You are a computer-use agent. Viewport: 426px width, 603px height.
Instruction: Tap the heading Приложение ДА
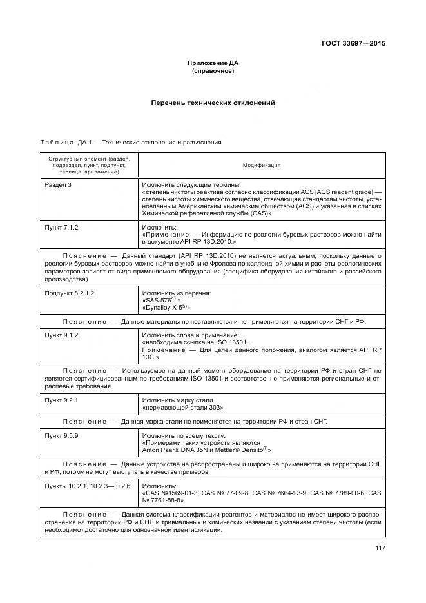[x=213, y=63]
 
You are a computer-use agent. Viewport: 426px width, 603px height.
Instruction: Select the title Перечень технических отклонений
[x=213, y=103]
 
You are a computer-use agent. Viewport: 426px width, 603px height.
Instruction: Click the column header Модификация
[x=261, y=165]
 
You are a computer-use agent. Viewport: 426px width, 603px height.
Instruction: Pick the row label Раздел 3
[x=58, y=184]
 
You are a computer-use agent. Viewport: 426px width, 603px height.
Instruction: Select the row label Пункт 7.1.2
[x=61, y=228]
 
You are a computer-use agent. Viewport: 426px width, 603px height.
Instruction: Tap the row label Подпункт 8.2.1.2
[x=70, y=293]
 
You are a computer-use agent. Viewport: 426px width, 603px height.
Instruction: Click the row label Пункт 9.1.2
[x=61, y=335]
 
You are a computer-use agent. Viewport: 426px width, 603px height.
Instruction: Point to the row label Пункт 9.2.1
[x=61, y=400]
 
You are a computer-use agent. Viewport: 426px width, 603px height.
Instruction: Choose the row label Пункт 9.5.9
[x=61, y=437]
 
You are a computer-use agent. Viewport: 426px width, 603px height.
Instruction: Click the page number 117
[x=378, y=549]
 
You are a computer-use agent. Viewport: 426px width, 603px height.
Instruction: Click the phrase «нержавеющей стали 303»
[x=177, y=408]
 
